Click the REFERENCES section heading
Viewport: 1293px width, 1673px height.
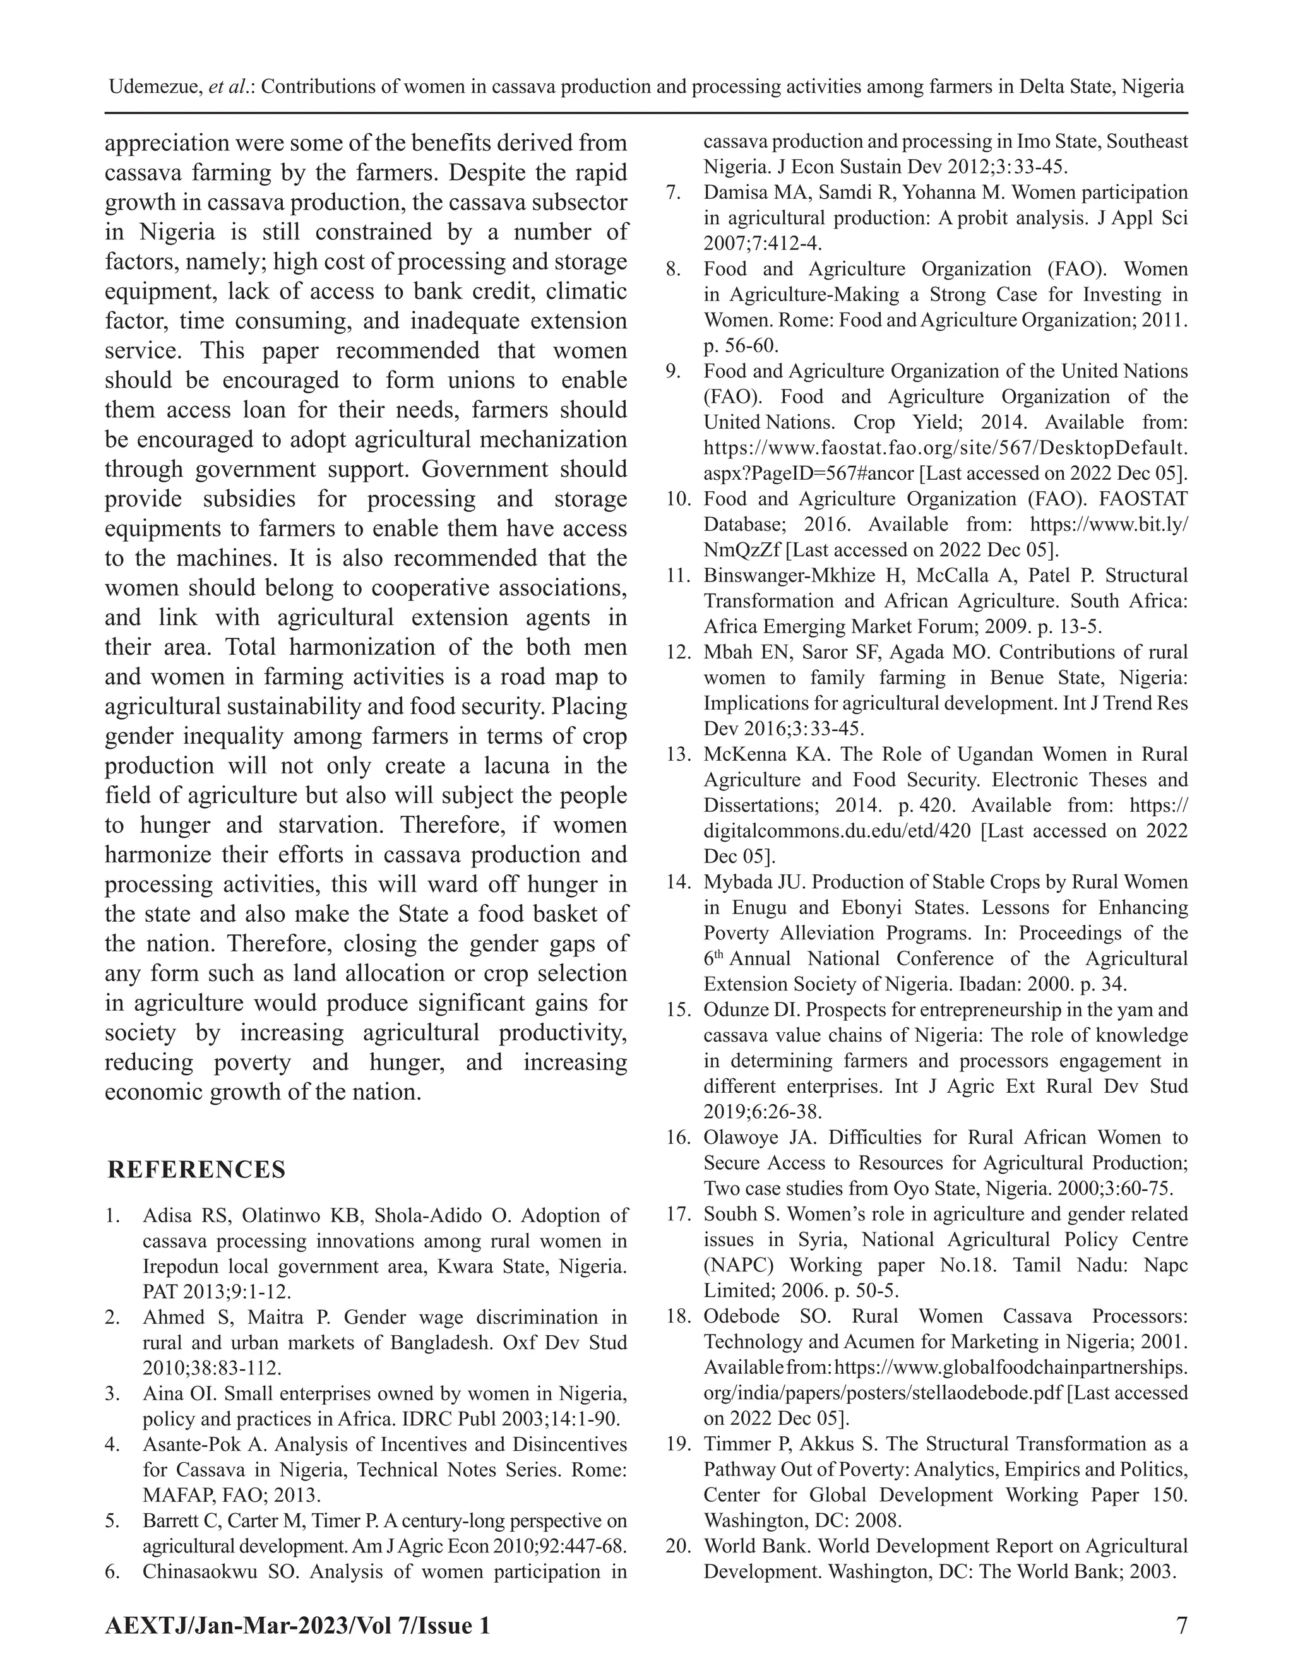(196, 1170)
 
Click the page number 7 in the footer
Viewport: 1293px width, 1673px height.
(1181, 1625)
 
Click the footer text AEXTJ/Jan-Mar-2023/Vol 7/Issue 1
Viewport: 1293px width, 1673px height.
(297, 1625)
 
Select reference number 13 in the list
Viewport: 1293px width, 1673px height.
(678, 754)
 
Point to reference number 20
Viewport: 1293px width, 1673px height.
(678, 1546)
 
